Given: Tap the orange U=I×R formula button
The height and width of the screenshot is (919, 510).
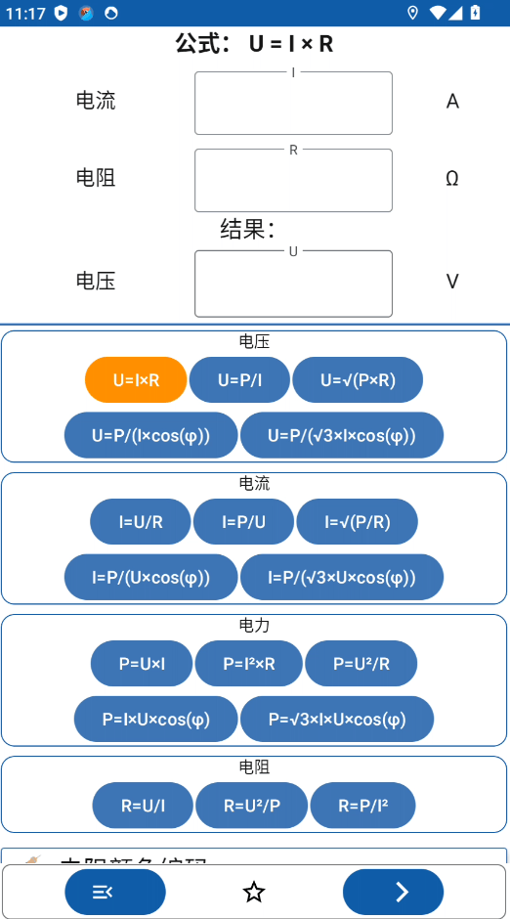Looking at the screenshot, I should (136, 380).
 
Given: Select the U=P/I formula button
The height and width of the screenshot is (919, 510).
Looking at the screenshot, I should (239, 380).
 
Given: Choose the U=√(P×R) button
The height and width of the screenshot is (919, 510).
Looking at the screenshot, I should (358, 380).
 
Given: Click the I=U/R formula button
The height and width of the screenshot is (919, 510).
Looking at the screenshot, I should (141, 522).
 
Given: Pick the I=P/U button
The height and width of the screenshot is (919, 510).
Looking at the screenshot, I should (243, 522).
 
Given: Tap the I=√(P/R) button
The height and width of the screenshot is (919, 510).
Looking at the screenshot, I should (358, 522).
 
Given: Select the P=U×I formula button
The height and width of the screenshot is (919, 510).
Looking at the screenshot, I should (142, 664).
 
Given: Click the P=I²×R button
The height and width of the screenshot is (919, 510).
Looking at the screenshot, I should (248, 664).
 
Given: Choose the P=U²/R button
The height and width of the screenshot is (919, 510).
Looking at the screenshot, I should (361, 664).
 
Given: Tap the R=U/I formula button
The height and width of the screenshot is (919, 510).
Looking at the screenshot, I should (143, 806).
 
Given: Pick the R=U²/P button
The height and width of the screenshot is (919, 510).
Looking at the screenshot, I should (251, 806).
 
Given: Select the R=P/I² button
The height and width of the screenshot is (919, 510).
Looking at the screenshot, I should (362, 806).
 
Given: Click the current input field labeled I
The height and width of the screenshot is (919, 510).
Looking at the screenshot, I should (293, 104).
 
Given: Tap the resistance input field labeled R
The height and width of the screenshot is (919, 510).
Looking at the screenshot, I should (293, 181).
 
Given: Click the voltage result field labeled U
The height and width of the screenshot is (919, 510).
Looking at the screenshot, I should (293, 284).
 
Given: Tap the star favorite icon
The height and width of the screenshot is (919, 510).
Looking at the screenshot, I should (254, 892).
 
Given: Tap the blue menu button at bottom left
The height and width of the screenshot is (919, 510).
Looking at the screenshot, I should (115, 892).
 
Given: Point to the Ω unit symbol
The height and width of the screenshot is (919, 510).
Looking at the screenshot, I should (452, 179).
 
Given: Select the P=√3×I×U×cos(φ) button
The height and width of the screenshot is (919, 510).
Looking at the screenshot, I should (337, 720).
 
